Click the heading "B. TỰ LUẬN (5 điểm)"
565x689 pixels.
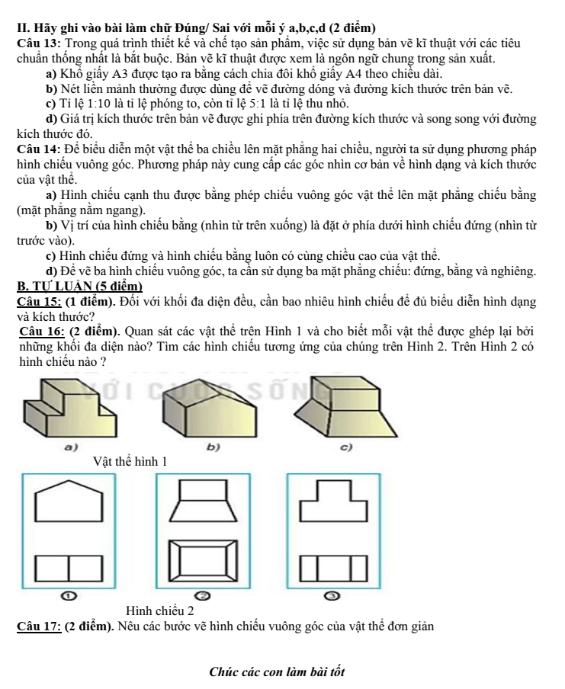[x=80, y=287]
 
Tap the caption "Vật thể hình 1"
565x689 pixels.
[x=130, y=462]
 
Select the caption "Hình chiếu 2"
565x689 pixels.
[x=159, y=610]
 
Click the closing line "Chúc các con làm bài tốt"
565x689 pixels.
[x=277, y=672]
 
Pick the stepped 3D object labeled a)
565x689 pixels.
[x=70, y=409]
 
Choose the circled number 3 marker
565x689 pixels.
[x=334, y=596]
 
